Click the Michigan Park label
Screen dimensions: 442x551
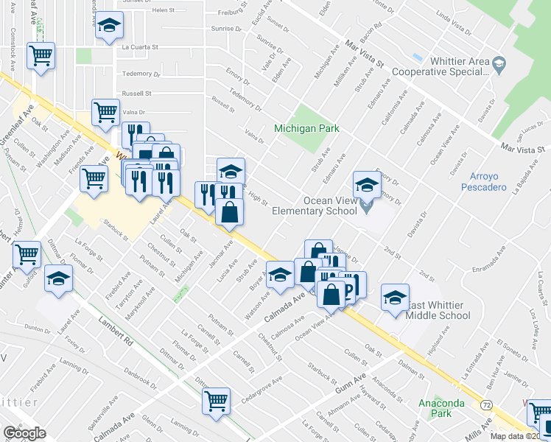click(x=306, y=128)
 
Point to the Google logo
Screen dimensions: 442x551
click(x=24, y=433)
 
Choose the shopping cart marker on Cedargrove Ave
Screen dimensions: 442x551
click(x=217, y=401)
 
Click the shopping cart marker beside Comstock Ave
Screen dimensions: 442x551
click(x=41, y=55)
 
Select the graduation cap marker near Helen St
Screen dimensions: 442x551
click(x=109, y=26)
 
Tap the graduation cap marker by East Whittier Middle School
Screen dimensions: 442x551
click(x=396, y=297)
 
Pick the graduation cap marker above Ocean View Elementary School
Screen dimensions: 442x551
click(x=366, y=184)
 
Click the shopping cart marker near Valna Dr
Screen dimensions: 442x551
click(x=105, y=112)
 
